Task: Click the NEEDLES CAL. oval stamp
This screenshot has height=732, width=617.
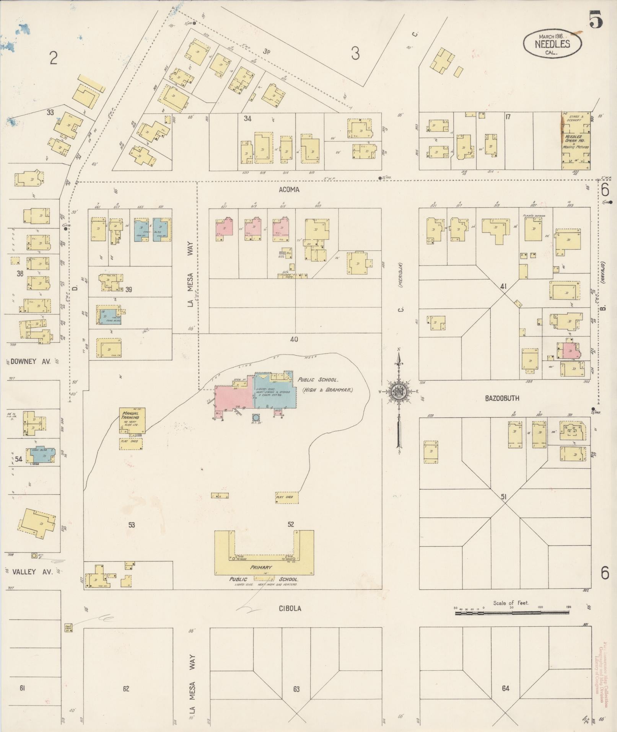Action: click(552, 43)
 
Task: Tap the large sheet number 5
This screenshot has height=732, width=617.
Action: click(596, 20)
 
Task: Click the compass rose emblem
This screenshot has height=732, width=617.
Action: click(399, 391)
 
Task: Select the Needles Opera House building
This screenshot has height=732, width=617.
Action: click(576, 141)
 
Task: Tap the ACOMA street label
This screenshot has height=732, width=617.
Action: click(289, 190)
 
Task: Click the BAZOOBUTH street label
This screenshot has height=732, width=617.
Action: click(502, 398)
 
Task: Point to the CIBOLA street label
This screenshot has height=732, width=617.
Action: click(290, 608)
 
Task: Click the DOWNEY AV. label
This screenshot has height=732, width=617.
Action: click(28, 361)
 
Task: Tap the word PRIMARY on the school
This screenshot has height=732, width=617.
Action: click(261, 567)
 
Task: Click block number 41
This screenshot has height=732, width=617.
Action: click(503, 286)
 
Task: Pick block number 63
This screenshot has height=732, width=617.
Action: click(296, 689)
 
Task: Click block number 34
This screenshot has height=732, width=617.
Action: click(247, 119)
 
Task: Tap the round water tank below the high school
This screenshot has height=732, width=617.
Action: click(256, 417)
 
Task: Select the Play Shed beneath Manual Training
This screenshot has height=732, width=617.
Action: click(131, 443)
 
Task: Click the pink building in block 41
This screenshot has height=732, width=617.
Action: click(569, 350)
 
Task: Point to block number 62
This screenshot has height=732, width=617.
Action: click(126, 689)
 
